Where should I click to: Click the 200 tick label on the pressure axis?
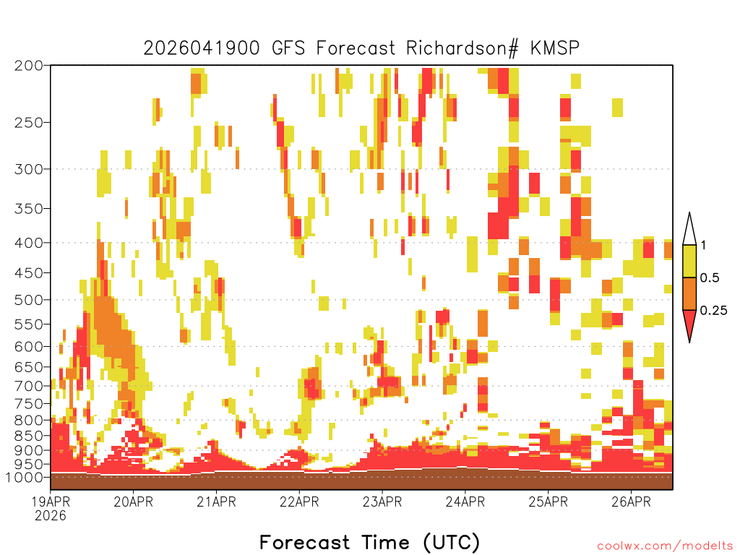29,66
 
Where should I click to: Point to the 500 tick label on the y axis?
29,300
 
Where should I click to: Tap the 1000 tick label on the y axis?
24,478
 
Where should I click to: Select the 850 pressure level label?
29,436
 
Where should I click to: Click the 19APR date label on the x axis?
51,502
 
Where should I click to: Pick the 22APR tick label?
299,502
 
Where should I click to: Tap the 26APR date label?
631,502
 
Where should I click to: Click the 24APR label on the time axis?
465,502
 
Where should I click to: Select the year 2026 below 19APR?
51,516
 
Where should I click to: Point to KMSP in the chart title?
555,48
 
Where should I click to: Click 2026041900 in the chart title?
202,48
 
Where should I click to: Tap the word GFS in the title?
288,48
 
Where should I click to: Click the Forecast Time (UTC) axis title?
369,543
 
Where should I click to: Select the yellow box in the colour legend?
689,261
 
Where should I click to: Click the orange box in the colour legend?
689,293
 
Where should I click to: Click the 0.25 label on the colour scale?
713,311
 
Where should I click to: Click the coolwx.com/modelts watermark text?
665,546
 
